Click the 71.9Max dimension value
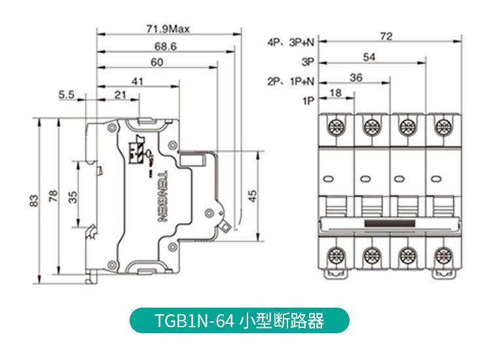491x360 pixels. point(166,29)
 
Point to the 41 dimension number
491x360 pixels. point(137,81)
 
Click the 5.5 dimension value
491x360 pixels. point(66,95)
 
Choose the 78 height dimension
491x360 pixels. point(53,196)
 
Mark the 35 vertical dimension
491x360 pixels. point(73,196)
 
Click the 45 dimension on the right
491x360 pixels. point(252,194)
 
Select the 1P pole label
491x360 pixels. point(308,101)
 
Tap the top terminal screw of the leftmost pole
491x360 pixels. point(337,125)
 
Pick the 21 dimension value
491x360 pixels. point(120,95)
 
